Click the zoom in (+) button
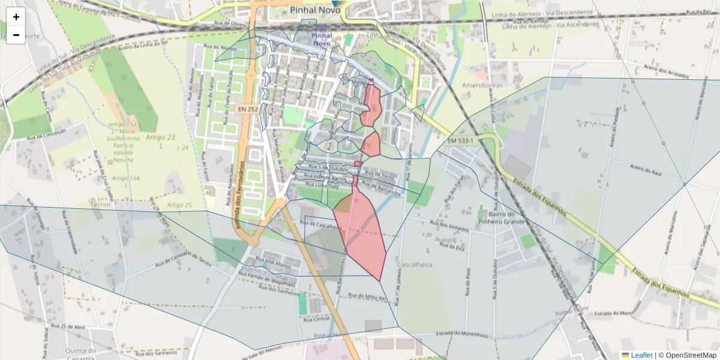[16, 17]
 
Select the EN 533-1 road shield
[460, 141]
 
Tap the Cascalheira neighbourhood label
[416, 264]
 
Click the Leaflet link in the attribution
[641, 355]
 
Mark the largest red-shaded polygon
[362, 231]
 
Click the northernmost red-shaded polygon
[373, 105]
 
